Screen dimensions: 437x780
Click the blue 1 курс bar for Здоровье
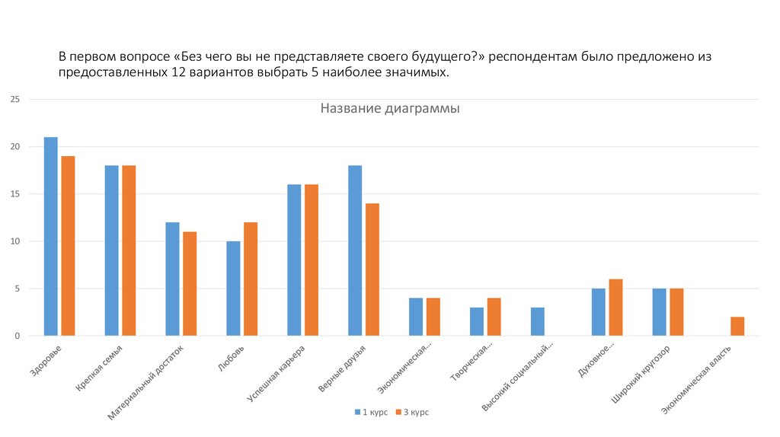51,236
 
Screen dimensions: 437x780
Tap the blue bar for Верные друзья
355,250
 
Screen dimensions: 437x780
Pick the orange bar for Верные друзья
372,270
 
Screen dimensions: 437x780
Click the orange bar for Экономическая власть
737,327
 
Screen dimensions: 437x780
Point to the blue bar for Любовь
233,289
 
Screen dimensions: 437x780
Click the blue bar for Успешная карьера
294,260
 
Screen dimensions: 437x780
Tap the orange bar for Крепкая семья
129,250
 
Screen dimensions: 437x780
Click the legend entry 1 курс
371,412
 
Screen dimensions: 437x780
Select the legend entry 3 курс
411,412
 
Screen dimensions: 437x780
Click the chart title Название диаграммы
389,109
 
